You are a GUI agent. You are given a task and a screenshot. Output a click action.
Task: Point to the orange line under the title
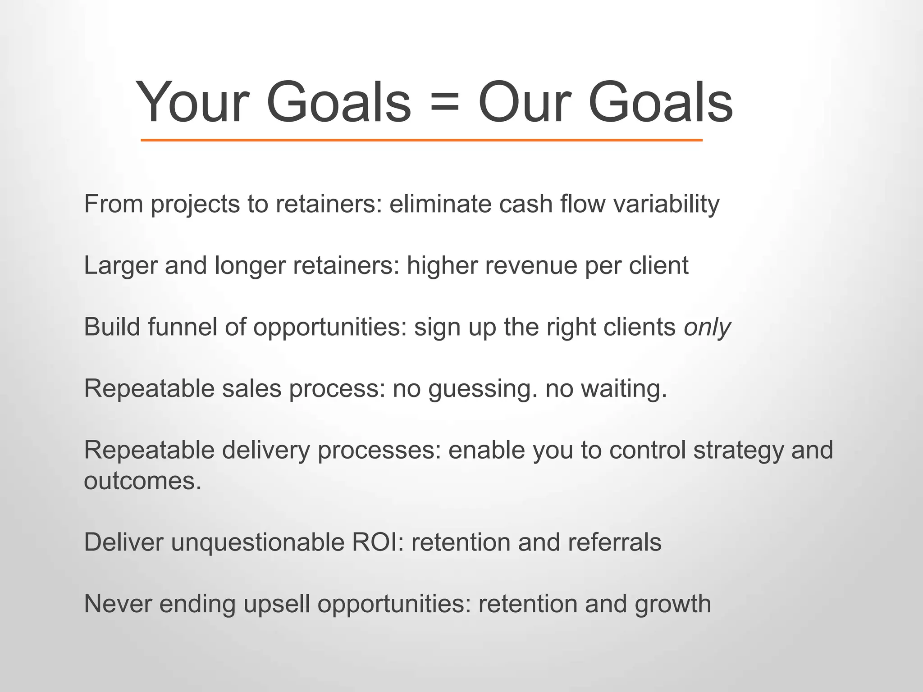(421, 140)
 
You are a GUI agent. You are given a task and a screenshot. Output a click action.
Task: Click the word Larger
(120, 266)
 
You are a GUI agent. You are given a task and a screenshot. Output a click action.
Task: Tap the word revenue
(531, 266)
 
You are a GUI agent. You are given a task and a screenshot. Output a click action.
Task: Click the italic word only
(707, 328)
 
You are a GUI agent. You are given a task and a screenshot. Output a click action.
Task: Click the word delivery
(266, 451)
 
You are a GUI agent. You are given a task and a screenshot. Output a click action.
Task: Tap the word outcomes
(142, 481)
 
